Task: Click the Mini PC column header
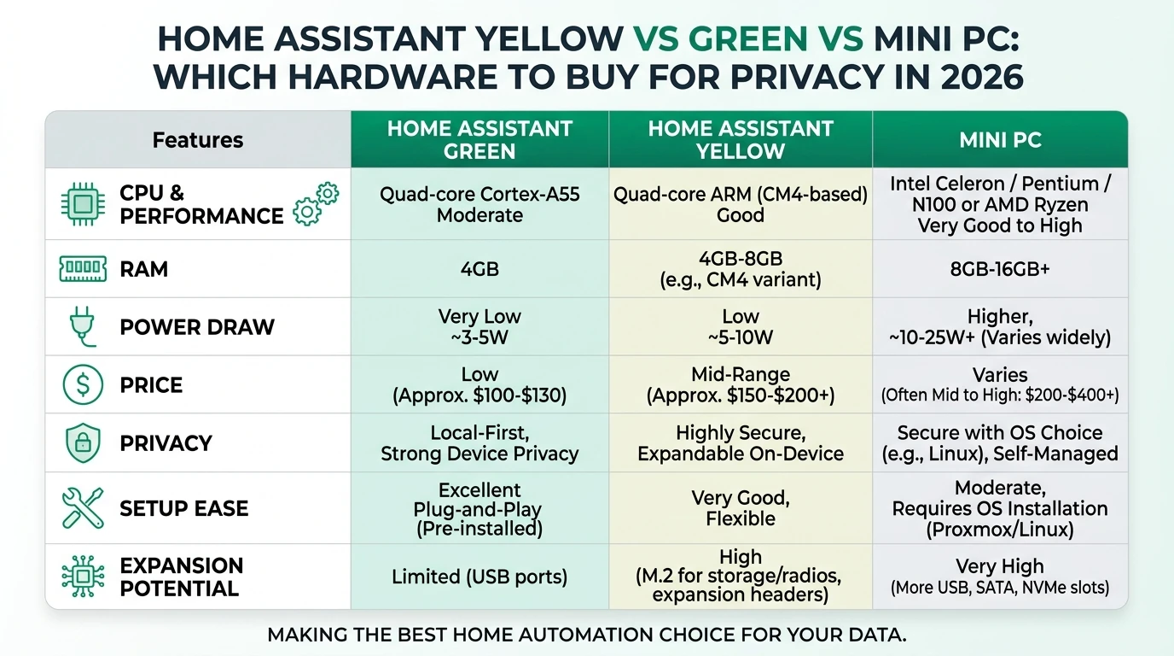click(1000, 140)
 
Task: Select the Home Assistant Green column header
click(479, 140)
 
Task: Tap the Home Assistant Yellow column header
click(740, 140)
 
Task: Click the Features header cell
click(198, 140)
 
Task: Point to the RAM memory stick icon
click(83, 269)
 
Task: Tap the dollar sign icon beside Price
click(83, 385)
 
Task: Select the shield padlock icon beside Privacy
click(83, 443)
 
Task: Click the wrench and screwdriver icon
click(83, 508)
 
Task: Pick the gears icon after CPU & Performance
click(315, 204)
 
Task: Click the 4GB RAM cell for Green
click(479, 269)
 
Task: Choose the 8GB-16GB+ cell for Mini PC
click(1000, 269)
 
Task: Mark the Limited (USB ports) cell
click(479, 577)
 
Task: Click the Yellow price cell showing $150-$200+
click(740, 385)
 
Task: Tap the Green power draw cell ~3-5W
click(479, 327)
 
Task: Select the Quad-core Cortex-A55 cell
click(479, 204)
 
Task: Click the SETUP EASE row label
click(183, 508)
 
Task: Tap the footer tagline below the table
click(586, 635)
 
